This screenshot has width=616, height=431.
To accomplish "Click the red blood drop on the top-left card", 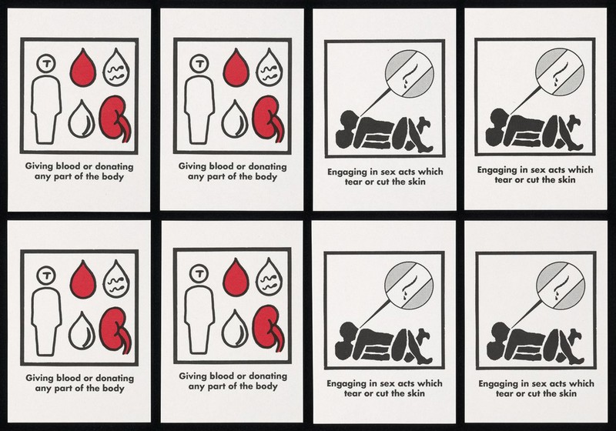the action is click(83, 68).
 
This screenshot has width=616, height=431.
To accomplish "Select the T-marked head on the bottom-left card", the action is click(46, 276).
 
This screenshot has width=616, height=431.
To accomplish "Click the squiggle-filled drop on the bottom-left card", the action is click(117, 279).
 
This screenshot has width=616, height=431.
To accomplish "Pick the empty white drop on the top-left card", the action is click(82, 119).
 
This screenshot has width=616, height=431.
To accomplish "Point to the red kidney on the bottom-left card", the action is click(115, 330).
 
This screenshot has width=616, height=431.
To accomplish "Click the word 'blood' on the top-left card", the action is click(68, 166).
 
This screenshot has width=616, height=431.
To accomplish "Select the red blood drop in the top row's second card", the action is click(236, 68).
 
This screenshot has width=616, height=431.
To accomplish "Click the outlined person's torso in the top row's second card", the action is click(199, 110).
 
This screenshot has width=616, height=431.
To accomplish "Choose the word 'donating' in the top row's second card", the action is click(267, 166).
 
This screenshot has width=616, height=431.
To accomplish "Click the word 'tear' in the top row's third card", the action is click(353, 182).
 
